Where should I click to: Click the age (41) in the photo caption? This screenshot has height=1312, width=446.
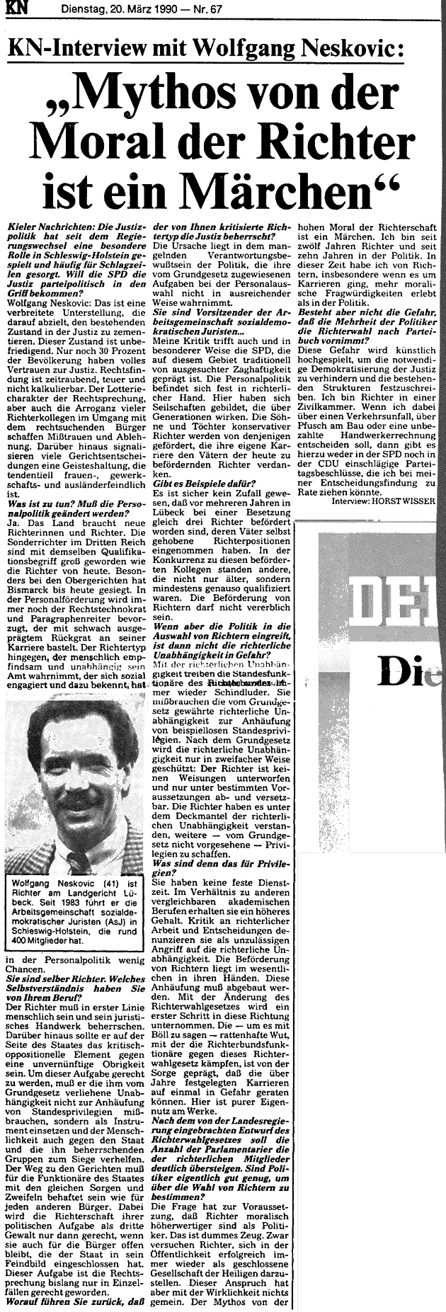click(105, 883)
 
